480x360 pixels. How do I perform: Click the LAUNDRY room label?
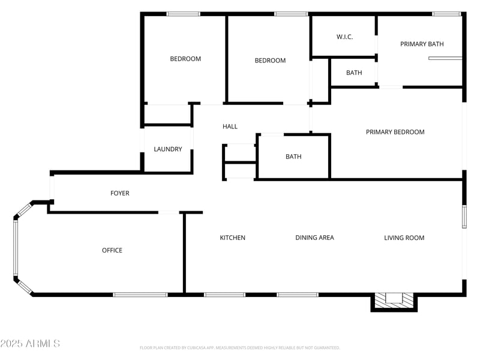click(x=168, y=149)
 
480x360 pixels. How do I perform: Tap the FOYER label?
click(x=120, y=193)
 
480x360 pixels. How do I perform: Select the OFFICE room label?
click(x=112, y=250)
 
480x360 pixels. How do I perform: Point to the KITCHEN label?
click(x=232, y=238)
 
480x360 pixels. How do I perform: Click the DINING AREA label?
click(x=314, y=238)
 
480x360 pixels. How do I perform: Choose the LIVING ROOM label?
click(x=404, y=238)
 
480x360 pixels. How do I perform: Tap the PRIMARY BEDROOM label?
click(x=395, y=132)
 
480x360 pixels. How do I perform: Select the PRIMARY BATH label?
click(x=422, y=44)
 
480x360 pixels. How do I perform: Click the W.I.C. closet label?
click(x=344, y=37)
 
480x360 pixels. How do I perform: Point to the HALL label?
click(x=230, y=127)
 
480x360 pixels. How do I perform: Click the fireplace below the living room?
click(x=394, y=300)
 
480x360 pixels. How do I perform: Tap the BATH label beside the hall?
click(x=293, y=157)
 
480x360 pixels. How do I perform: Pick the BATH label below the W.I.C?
click(x=354, y=73)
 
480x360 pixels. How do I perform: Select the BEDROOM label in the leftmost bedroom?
click(x=185, y=59)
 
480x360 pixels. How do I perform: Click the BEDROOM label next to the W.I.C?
click(x=270, y=61)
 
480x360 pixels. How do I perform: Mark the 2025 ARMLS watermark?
click(x=30, y=344)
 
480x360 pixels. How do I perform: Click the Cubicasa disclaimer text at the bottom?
click(x=240, y=347)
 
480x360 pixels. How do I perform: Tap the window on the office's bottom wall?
click(x=140, y=295)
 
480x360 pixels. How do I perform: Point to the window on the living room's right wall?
click(x=464, y=217)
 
